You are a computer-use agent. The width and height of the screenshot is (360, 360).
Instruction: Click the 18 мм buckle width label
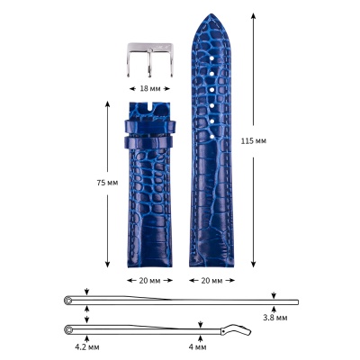point(150,88)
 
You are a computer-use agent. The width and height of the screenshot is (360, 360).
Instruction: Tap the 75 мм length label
point(107,183)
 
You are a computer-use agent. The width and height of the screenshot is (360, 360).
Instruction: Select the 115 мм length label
point(254,140)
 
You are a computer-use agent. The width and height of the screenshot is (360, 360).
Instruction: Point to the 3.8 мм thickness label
point(275,318)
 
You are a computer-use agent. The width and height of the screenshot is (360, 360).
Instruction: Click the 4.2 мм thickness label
point(87,347)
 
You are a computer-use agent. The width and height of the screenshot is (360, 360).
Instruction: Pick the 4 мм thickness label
point(198,347)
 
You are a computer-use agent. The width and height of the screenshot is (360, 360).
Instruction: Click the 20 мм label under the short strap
point(149,281)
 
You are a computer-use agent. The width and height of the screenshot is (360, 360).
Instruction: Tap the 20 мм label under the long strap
point(211,281)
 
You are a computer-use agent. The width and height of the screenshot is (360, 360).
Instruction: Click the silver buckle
point(150,60)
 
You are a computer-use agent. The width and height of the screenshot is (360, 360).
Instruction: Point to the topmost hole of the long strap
point(211,58)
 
